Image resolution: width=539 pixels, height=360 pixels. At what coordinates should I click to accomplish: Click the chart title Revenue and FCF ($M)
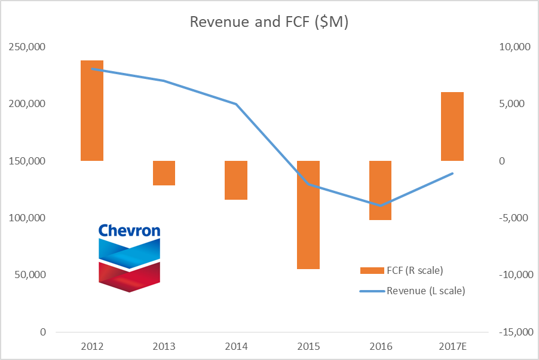click(269, 22)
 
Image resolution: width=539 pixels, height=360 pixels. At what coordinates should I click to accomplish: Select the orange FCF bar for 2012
click(92, 111)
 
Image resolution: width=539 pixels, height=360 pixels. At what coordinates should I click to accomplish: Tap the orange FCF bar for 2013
click(164, 173)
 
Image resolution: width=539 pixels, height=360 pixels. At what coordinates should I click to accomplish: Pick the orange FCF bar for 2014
click(236, 180)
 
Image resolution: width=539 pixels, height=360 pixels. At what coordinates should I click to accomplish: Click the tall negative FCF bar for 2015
click(308, 215)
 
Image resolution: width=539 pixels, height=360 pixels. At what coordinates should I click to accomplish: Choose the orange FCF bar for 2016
click(381, 190)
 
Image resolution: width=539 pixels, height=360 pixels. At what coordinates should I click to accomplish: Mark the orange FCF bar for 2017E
click(452, 126)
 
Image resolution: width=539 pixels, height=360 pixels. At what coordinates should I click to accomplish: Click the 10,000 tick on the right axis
click(510, 47)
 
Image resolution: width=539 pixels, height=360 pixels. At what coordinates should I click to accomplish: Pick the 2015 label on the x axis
click(308, 346)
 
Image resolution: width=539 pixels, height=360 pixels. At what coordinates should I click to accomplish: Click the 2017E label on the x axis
click(452, 346)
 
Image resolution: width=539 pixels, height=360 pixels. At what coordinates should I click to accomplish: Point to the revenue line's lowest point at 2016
click(381, 205)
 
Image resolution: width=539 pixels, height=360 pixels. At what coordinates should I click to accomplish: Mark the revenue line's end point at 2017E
click(452, 173)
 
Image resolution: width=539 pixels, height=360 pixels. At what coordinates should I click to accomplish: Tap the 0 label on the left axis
click(42, 332)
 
